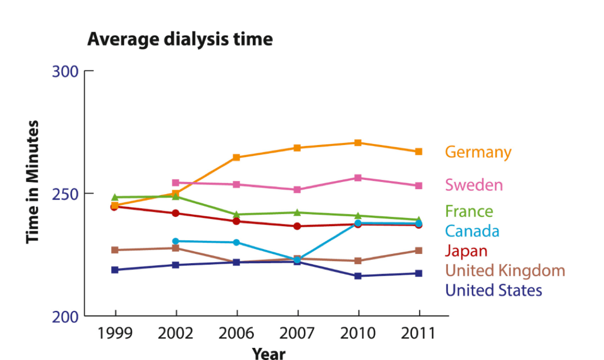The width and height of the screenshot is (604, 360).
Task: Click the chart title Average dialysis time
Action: tap(180, 39)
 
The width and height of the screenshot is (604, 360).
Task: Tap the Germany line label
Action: tap(478, 152)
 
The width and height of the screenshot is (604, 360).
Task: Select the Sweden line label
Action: tap(474, 185)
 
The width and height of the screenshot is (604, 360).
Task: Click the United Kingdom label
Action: tap(505, 270)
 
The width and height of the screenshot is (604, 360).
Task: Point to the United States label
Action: tap(493, 290)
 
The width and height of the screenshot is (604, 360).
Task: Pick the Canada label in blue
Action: tap(472, 231)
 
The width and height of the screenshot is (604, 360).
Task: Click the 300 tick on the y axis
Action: tap(65, 72)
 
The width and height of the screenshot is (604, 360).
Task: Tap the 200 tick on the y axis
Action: tap(65, 317)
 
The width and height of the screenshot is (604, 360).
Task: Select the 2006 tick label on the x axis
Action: tap(236, 333)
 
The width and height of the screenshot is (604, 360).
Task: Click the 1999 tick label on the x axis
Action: tap(115, 333)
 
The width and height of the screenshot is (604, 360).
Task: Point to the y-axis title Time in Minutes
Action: tap(33, 182)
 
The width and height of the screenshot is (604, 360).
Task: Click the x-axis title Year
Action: tap(268, 353)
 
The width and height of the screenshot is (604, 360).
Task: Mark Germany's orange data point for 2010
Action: tap(358, 143)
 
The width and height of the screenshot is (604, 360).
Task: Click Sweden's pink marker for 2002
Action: tap(176, 183)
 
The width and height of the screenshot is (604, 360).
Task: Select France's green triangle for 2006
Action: tap(236, 214)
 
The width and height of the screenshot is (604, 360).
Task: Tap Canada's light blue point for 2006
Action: tap(236, 242)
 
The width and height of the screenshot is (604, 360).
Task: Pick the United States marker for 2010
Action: tap(358, 276)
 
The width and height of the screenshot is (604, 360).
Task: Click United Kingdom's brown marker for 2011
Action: tap(418, 251)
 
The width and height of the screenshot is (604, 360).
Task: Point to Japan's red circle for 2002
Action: tap(176, 213)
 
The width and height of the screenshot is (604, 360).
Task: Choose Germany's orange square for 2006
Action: tap(236, 157)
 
